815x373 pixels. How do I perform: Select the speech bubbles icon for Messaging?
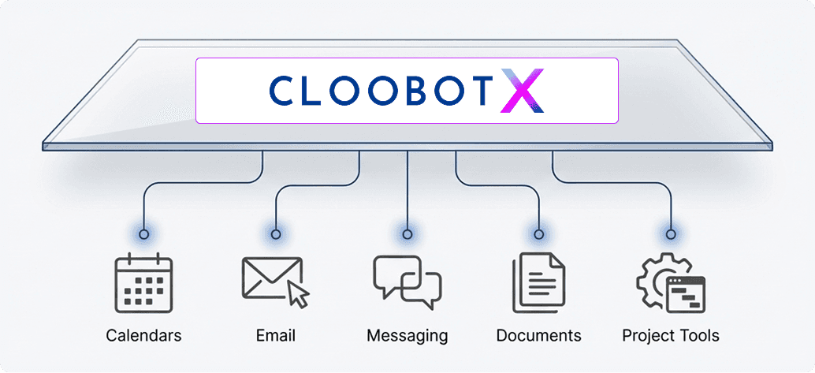pos(407,282)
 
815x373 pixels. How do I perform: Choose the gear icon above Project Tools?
pos(670,282)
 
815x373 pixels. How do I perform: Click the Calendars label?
pos(143,336)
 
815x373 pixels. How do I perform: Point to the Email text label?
pos(276,336)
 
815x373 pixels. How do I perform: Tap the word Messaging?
pos(407,336)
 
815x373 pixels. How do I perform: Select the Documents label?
pos(538,336)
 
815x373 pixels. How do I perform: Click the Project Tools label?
pos(670,336)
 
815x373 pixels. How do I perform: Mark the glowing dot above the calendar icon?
pos(143,234)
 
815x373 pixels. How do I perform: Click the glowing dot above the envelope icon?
pos(276,234)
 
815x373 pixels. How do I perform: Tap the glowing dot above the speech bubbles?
pos(407,234)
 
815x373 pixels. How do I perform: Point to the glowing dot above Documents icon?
pos(538,234)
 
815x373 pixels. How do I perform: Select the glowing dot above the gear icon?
pos(670,234)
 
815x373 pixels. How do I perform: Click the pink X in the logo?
pos(523,91)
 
